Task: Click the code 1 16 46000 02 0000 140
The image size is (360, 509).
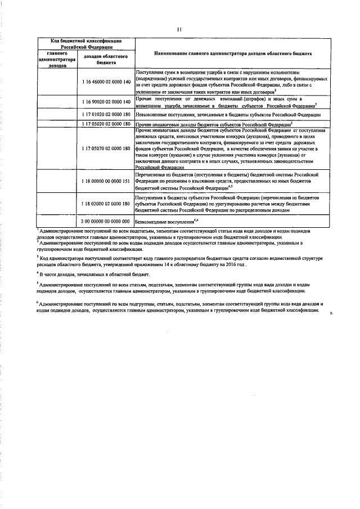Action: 106,82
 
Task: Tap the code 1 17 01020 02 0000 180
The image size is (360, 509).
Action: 106,114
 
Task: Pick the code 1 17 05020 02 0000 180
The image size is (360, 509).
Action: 106,123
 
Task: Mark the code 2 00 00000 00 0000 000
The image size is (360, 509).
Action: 106,222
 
